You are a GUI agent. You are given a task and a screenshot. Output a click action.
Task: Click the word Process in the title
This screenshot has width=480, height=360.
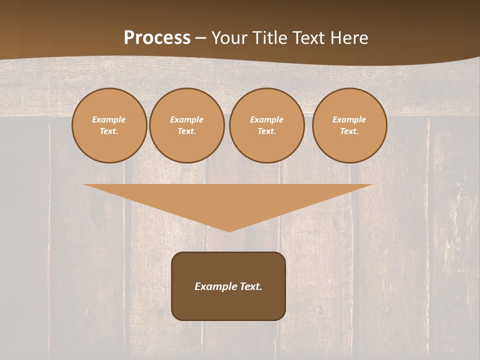click(x=157, y=38)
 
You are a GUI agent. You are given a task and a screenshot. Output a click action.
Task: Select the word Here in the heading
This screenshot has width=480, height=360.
click(x=349, y=38)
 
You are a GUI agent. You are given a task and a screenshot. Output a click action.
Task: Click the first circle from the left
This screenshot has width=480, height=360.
click(x=109, y=125)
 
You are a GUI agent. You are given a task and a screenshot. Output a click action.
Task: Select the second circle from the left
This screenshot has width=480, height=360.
click(x=187, y=125)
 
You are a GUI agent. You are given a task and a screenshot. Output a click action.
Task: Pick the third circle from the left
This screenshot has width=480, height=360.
click(x=267, y=125)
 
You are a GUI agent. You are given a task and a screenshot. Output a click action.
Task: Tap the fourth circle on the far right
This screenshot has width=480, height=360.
click(x=349, y=125)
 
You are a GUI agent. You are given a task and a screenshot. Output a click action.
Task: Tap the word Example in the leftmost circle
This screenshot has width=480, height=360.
click(x=109, y=120)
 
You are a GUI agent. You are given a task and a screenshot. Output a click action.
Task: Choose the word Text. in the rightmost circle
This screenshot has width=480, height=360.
click(x=349, y=131)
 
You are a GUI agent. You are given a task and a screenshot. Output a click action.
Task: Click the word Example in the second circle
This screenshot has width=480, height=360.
click(x=187, y=120)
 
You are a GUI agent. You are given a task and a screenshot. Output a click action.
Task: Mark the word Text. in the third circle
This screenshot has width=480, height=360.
click(x=267, y=131)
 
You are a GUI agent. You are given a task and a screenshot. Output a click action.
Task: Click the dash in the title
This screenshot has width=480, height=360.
click(x=201, y=38)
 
